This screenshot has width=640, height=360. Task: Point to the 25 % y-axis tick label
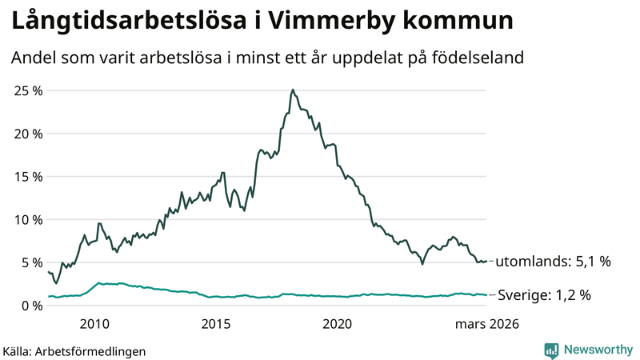pyautogui.click(x=27, y=90)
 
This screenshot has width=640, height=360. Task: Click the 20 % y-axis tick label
pyautogui.click(x=27, y=134)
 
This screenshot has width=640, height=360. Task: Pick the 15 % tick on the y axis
pyautogui.click(x=27, y=177)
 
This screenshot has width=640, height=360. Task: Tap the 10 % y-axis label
pyautogui.click(x=27, y=219)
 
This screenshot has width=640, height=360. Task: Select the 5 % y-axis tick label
pyautogui.click(x=30, y=262)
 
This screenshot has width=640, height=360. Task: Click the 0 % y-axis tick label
pyautogui.click(x=30, y=306)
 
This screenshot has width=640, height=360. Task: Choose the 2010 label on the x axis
pyautogui.click(x=94, y=324)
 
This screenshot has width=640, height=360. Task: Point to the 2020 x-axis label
pyautogui.click(x=337, y=324)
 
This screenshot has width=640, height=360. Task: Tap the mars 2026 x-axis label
pyautogui.click(x=487, y=324)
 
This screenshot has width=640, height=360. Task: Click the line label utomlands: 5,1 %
pyautogui.click(x=554, y=262)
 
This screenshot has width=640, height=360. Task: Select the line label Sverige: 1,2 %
pyautogui.click(x=545, y=295)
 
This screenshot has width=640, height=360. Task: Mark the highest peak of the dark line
pyautogui.click(x=293, y=90)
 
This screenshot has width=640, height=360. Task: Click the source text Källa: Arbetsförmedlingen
pyautogui.click(x=74, y=350)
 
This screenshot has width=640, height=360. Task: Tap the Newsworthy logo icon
pyautogui.click(x=551, y=350)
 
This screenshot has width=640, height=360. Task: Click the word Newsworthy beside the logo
pyautogui.click(x=597, y=350)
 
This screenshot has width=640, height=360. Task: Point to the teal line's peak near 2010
pyautogui.click(x=98, y=282)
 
